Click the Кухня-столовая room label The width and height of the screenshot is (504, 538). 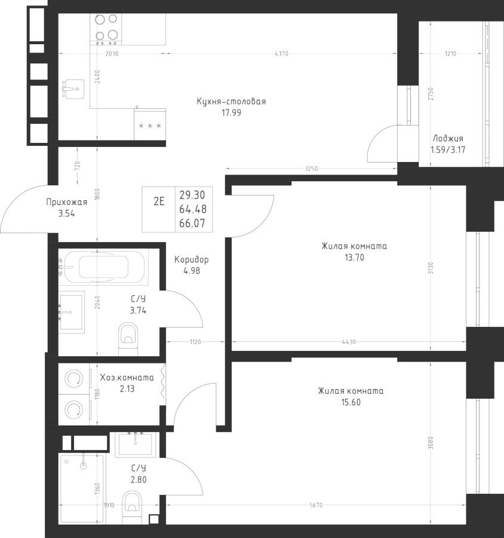tap(231, 102)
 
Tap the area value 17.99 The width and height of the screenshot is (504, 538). tap(231, 112)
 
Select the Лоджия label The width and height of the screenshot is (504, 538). tap(447, 137)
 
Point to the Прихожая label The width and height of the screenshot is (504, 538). tap(67, 202)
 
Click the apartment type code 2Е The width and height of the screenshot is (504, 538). tap(159, 201)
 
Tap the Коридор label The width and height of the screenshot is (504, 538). tap(191, 260)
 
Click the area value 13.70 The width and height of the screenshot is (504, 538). tap(355, 258)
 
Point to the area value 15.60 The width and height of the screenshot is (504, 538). tap(351, 402)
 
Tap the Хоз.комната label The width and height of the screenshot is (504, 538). tap(127, 378)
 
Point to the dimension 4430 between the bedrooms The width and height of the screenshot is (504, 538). tap(349, 342)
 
